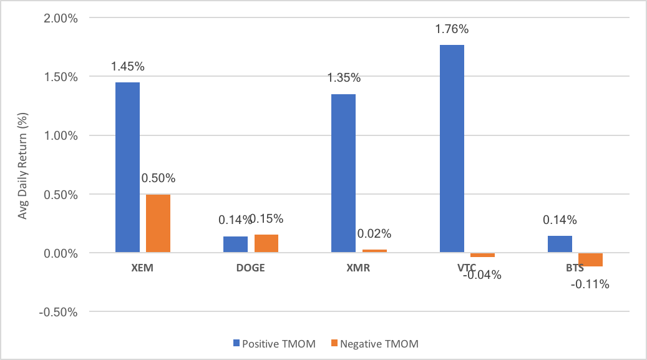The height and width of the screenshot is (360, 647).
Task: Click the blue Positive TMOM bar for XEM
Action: point(127,167)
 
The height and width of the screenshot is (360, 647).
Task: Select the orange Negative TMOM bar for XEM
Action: point(158,223)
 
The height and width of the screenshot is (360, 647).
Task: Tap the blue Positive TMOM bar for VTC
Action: point(452,148)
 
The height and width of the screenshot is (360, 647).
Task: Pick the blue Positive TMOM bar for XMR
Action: point(343,173)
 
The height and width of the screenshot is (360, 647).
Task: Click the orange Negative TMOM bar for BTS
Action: point(590,260)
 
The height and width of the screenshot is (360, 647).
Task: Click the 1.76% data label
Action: point(451,29)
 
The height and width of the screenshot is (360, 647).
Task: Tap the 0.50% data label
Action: point(158,178)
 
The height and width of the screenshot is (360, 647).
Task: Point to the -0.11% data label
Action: point(591,285)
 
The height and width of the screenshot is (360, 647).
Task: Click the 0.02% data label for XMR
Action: point(374,234)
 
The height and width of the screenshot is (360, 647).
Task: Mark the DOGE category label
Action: point(251,268)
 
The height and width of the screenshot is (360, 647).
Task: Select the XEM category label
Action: point(143,268)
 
